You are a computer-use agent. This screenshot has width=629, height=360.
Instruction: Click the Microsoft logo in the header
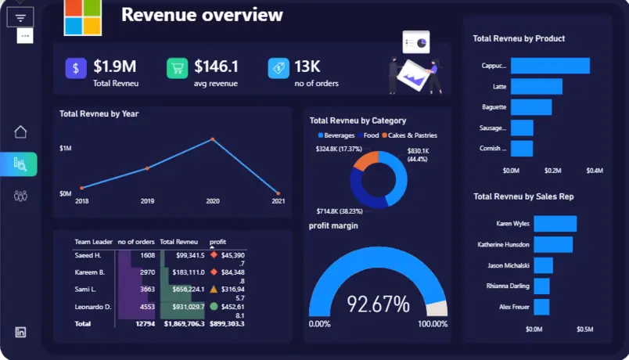83,17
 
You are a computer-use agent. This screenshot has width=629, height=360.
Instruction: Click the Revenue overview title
202,15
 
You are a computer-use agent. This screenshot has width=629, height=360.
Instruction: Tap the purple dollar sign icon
76,68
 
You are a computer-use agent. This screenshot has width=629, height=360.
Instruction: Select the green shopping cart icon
177,68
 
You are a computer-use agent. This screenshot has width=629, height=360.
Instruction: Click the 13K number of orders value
307,67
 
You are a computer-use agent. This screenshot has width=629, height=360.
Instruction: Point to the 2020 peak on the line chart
212,140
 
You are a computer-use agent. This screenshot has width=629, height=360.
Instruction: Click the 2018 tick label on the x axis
81,201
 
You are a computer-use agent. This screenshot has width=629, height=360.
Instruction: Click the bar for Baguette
531,107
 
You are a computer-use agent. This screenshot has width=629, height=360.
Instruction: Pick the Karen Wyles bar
555,224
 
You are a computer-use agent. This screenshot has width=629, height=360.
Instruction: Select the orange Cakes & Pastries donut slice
366,160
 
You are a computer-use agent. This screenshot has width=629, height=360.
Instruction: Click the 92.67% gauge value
378,303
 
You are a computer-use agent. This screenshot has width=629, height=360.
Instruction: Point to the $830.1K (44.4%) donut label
418,155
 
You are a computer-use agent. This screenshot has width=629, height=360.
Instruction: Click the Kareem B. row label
89,272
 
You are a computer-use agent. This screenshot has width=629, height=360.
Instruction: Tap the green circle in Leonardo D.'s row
214,306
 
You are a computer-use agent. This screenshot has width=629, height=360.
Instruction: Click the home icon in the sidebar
20,131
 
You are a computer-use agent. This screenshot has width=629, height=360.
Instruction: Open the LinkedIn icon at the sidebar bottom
20,332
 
